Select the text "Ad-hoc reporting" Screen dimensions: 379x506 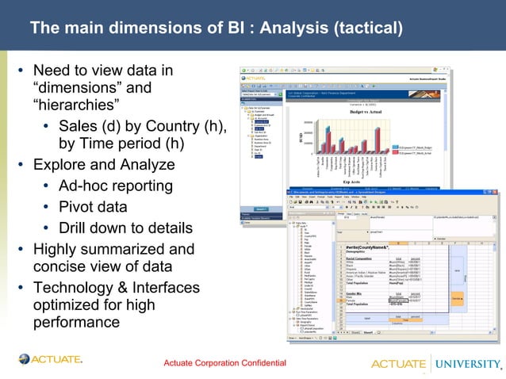115,186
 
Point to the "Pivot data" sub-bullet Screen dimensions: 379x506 92,207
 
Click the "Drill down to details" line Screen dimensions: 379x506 125,228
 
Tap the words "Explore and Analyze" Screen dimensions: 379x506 103,166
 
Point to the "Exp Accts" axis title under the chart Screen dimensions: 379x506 364,181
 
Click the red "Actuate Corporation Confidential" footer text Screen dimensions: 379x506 224,363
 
